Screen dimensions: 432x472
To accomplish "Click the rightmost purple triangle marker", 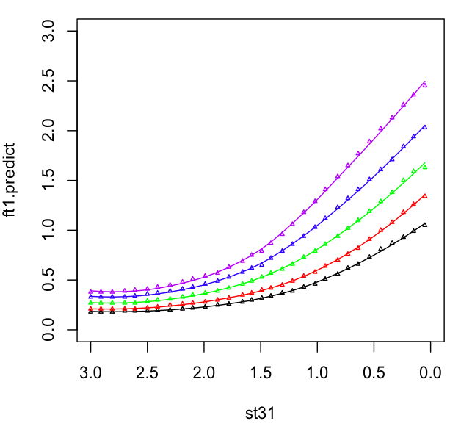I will (424, 85).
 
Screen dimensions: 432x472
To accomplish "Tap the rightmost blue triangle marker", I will (424, 128).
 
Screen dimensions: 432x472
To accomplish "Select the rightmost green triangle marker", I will (424, 167).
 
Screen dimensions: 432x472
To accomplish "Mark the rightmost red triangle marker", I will (424, 196).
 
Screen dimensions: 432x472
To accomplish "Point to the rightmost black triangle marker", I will (424, 225).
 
